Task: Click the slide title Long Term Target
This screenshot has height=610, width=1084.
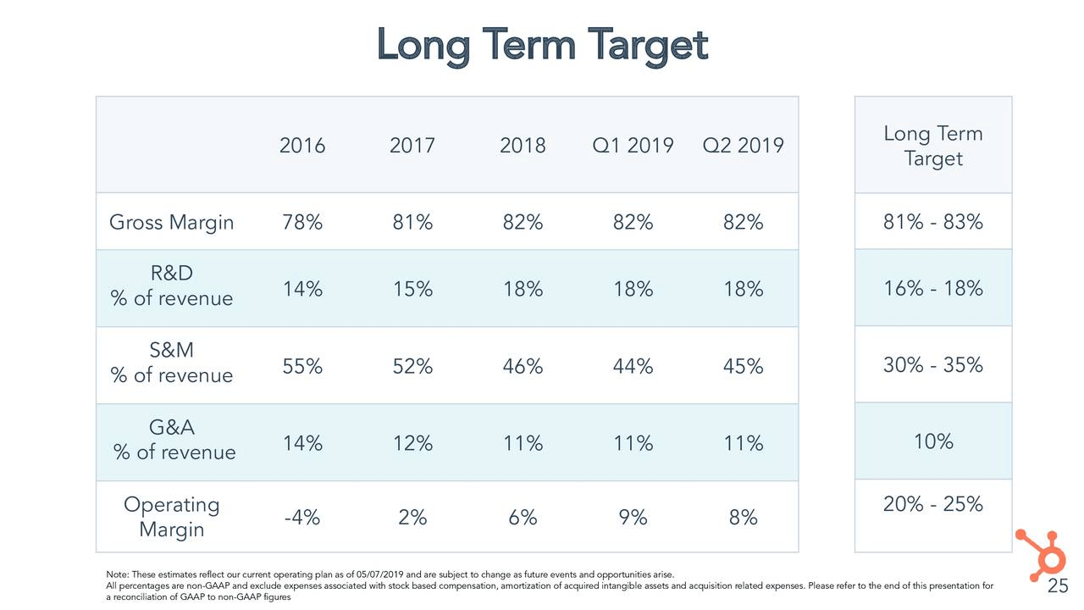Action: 542,44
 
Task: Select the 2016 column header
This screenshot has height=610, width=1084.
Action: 302,146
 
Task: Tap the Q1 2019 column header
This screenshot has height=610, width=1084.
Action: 633,146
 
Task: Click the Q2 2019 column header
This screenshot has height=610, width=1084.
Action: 743,146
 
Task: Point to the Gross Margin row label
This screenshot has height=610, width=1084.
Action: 171,223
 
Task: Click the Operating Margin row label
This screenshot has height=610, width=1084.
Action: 171,517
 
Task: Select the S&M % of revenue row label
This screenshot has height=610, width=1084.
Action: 171,363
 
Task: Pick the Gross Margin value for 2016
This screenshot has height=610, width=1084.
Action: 302,223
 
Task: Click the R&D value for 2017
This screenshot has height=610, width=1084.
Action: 412,289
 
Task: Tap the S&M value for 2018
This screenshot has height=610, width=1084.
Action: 523,366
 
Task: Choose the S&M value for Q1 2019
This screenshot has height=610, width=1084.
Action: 633,366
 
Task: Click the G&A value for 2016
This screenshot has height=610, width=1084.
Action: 302,443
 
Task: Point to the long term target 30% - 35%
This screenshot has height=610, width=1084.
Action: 932,365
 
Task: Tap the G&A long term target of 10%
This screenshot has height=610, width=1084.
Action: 933,441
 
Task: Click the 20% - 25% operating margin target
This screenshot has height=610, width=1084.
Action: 932,505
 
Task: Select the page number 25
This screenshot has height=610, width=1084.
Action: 1058,587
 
